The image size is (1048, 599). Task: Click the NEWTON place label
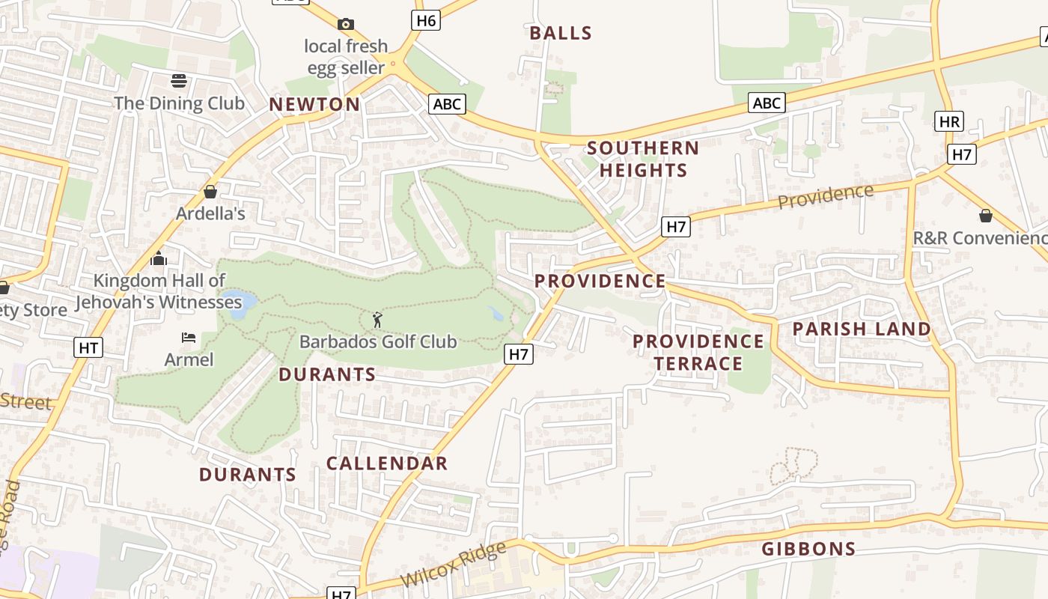click(314, 105)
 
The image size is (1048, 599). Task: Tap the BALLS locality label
click(561, 34)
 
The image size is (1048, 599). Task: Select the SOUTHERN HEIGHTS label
click(643, 159)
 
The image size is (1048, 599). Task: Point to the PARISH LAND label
click(862, 329)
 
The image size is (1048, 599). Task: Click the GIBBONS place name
click(808, 549)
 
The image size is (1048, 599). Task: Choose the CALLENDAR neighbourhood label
click(387, 463)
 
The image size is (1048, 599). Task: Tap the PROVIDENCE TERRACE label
click(698, 353)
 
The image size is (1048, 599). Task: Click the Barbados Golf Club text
click(378, 342)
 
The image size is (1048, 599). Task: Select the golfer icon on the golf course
click(377, 320)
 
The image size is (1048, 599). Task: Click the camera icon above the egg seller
click(345, 25)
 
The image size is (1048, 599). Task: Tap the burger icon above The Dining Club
click(179, 81)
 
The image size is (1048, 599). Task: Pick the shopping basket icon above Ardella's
click(210, 192)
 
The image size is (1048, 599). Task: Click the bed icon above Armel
click(189, 338)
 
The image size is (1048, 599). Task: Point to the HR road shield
click(949, 121)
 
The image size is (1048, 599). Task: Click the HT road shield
click(88, 347)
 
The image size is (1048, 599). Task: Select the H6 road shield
click(425, 20)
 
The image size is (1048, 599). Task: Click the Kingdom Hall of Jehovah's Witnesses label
click(159, 292)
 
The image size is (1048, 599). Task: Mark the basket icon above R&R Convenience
click(986, 216)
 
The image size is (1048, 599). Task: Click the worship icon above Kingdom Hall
click(159, 259)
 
